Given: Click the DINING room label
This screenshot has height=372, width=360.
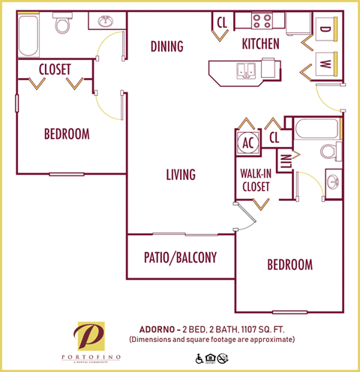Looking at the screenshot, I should [166, 46].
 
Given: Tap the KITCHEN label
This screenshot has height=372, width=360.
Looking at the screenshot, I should [260, 44].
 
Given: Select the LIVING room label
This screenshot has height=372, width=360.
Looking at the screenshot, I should [180, 175].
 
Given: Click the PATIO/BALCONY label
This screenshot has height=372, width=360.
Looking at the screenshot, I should [180, 258].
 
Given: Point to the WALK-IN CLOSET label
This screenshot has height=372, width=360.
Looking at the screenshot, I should [255, 179].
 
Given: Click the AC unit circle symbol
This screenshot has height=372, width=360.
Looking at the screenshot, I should [247, 141].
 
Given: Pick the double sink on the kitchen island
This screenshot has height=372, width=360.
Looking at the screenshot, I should [247, 70].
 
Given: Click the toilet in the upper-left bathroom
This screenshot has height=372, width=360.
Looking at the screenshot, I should [62, 25].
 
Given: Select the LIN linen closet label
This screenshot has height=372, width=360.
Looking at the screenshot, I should [286, 161].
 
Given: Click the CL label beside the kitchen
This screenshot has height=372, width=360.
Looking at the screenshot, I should [222, 22].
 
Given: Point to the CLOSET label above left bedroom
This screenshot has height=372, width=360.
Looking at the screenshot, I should [55, 69].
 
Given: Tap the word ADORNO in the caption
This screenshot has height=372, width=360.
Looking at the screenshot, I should [159, 328].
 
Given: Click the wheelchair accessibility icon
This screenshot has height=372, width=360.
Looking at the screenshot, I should [199, 359].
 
